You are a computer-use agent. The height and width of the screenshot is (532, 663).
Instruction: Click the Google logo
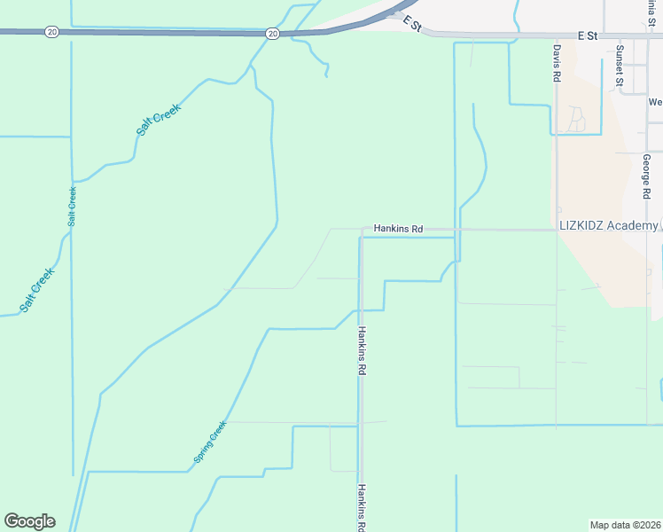click(29, 521)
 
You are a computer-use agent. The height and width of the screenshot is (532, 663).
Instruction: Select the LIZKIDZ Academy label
click(607, 226)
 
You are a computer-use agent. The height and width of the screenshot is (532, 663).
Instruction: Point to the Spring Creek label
click(210, 442)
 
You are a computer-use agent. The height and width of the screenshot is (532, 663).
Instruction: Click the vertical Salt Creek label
click(72, 205)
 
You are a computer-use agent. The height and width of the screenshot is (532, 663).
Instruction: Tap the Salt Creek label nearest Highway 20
click(159, 120)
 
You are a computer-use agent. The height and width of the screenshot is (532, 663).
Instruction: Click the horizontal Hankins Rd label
click(398, 229)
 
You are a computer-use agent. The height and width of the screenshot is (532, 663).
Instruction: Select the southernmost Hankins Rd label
click(362, 506)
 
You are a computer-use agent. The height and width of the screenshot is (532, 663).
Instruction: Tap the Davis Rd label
click(557, 64)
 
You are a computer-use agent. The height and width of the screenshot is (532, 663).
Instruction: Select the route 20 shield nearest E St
click(272, 34)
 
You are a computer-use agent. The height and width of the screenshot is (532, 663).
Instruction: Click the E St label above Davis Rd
click(587, 35)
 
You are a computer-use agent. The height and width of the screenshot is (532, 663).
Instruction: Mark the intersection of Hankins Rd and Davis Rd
click(557, 230)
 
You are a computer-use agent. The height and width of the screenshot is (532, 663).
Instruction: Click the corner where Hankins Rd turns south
click(362, 230)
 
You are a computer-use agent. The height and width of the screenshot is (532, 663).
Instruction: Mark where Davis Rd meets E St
click(557, 36)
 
